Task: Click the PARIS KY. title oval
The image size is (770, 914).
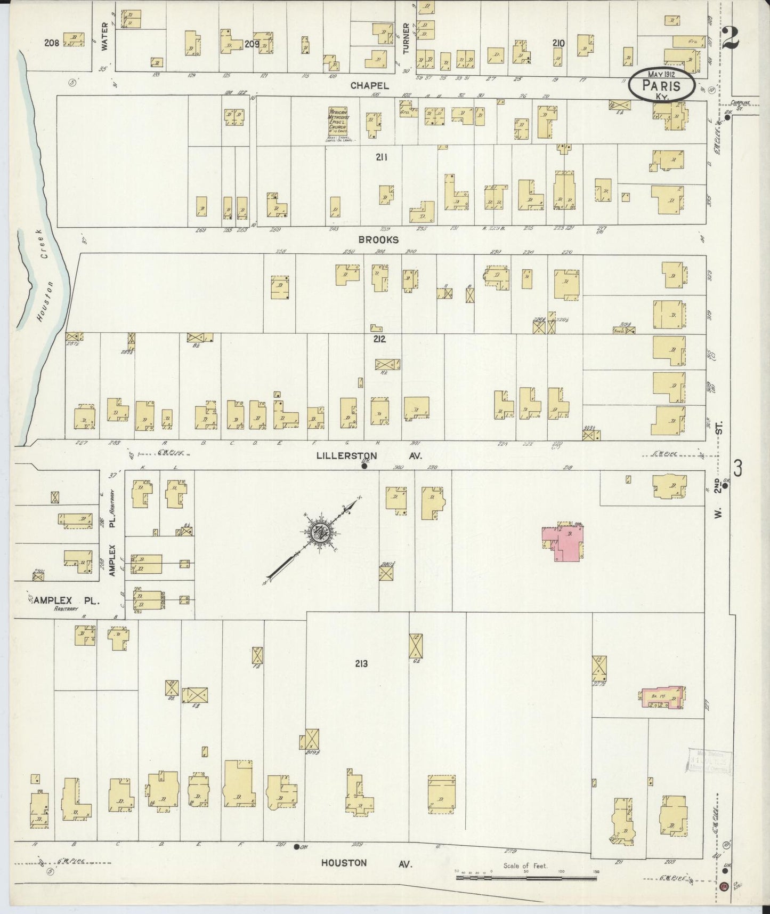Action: click(x=661, y=85)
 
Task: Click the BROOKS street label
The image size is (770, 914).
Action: click(x=378, y=240)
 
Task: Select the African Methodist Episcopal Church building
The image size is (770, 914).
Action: click(x=339, y=124)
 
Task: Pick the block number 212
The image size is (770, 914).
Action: click(x=379, y=339)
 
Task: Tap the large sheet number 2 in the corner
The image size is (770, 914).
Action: click(x=732, y=38)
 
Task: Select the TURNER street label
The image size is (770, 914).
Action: click(x=406, y=38)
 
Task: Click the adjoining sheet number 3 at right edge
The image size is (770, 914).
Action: click(x=737, y=469)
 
